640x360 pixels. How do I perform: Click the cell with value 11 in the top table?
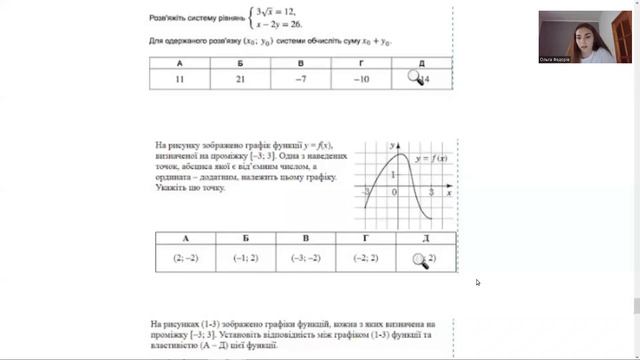tap(180, 79)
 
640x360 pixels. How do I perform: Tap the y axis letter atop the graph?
tap(394, 147)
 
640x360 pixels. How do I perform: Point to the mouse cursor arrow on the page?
tap(477, 282)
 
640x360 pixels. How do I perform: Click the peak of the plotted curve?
tap(400, 154)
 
